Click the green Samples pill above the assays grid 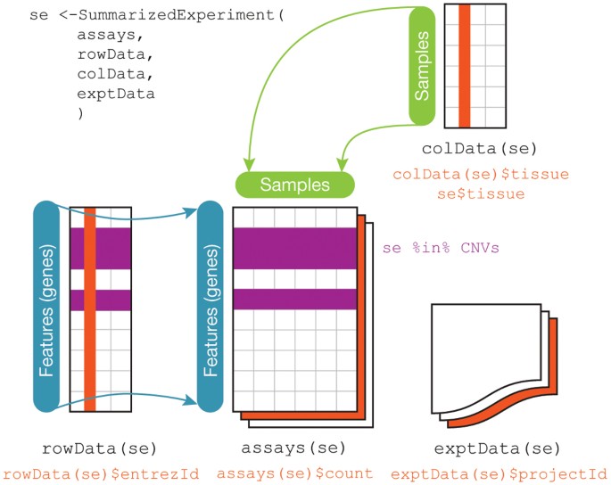click(295, 185)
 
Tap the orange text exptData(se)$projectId click(499, 472)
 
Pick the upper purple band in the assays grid click(295, 247)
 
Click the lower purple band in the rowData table click(100, 300)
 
